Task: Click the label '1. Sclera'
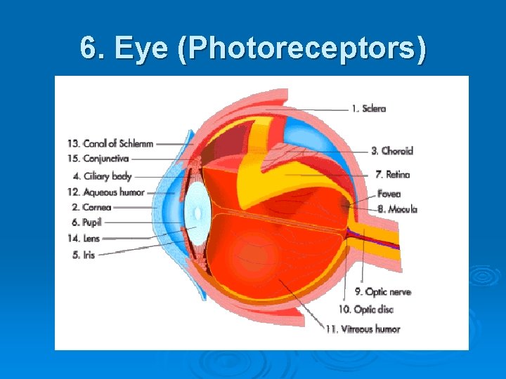pyautogui.click(x=369, y=109)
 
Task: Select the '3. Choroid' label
pyautogui.click(x=391, y=150)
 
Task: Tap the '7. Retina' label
pyautogui.click(x=392, y=174)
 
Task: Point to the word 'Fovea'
pyautogui.click(x=389, y=194)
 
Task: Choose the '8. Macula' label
pyautogui.click(x=397, y=208)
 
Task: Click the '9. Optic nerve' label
pyautogui.click(x=382, y=291)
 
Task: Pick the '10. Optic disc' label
pyautogui.click(x=365, y=310)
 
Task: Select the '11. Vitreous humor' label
pyautogui.click(x=362, y=328)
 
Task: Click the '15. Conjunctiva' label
pyautogui.click(x=105, y=159)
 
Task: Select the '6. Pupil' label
pyautogui.click(x=87, y=222)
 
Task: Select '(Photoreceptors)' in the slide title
pyautogui.click(x=302, y=49)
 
